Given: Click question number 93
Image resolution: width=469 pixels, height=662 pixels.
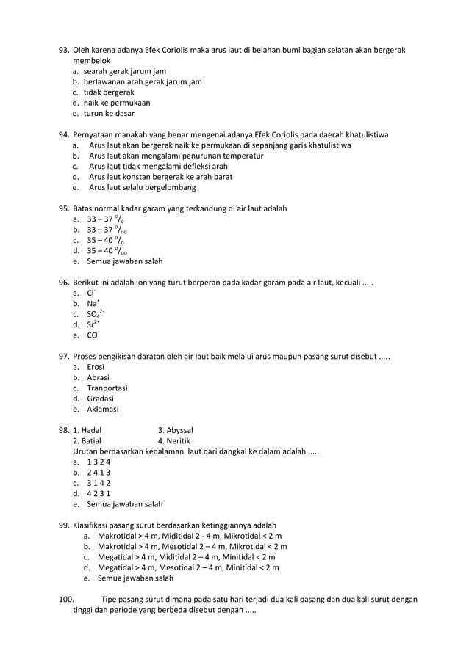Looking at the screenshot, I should [x=64, y=50].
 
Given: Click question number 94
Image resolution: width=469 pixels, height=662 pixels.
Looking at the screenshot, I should [x=64, y=135].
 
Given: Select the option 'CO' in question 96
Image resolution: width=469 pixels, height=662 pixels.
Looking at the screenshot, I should [x=93, y=335].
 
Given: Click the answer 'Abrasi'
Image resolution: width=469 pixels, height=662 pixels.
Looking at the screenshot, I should [x=98, y=377].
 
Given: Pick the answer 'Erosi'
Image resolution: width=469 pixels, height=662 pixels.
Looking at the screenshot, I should [x=96, y=367].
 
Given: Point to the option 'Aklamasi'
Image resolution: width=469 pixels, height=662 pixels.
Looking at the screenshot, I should [x=102, y=409].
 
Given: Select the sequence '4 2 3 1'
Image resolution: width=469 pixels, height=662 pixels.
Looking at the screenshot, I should [x=99, y=493].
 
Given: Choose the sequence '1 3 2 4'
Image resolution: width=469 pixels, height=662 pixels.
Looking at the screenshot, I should [x=99, y=462].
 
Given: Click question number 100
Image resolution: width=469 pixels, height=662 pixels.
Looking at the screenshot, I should [x=66, y=599].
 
